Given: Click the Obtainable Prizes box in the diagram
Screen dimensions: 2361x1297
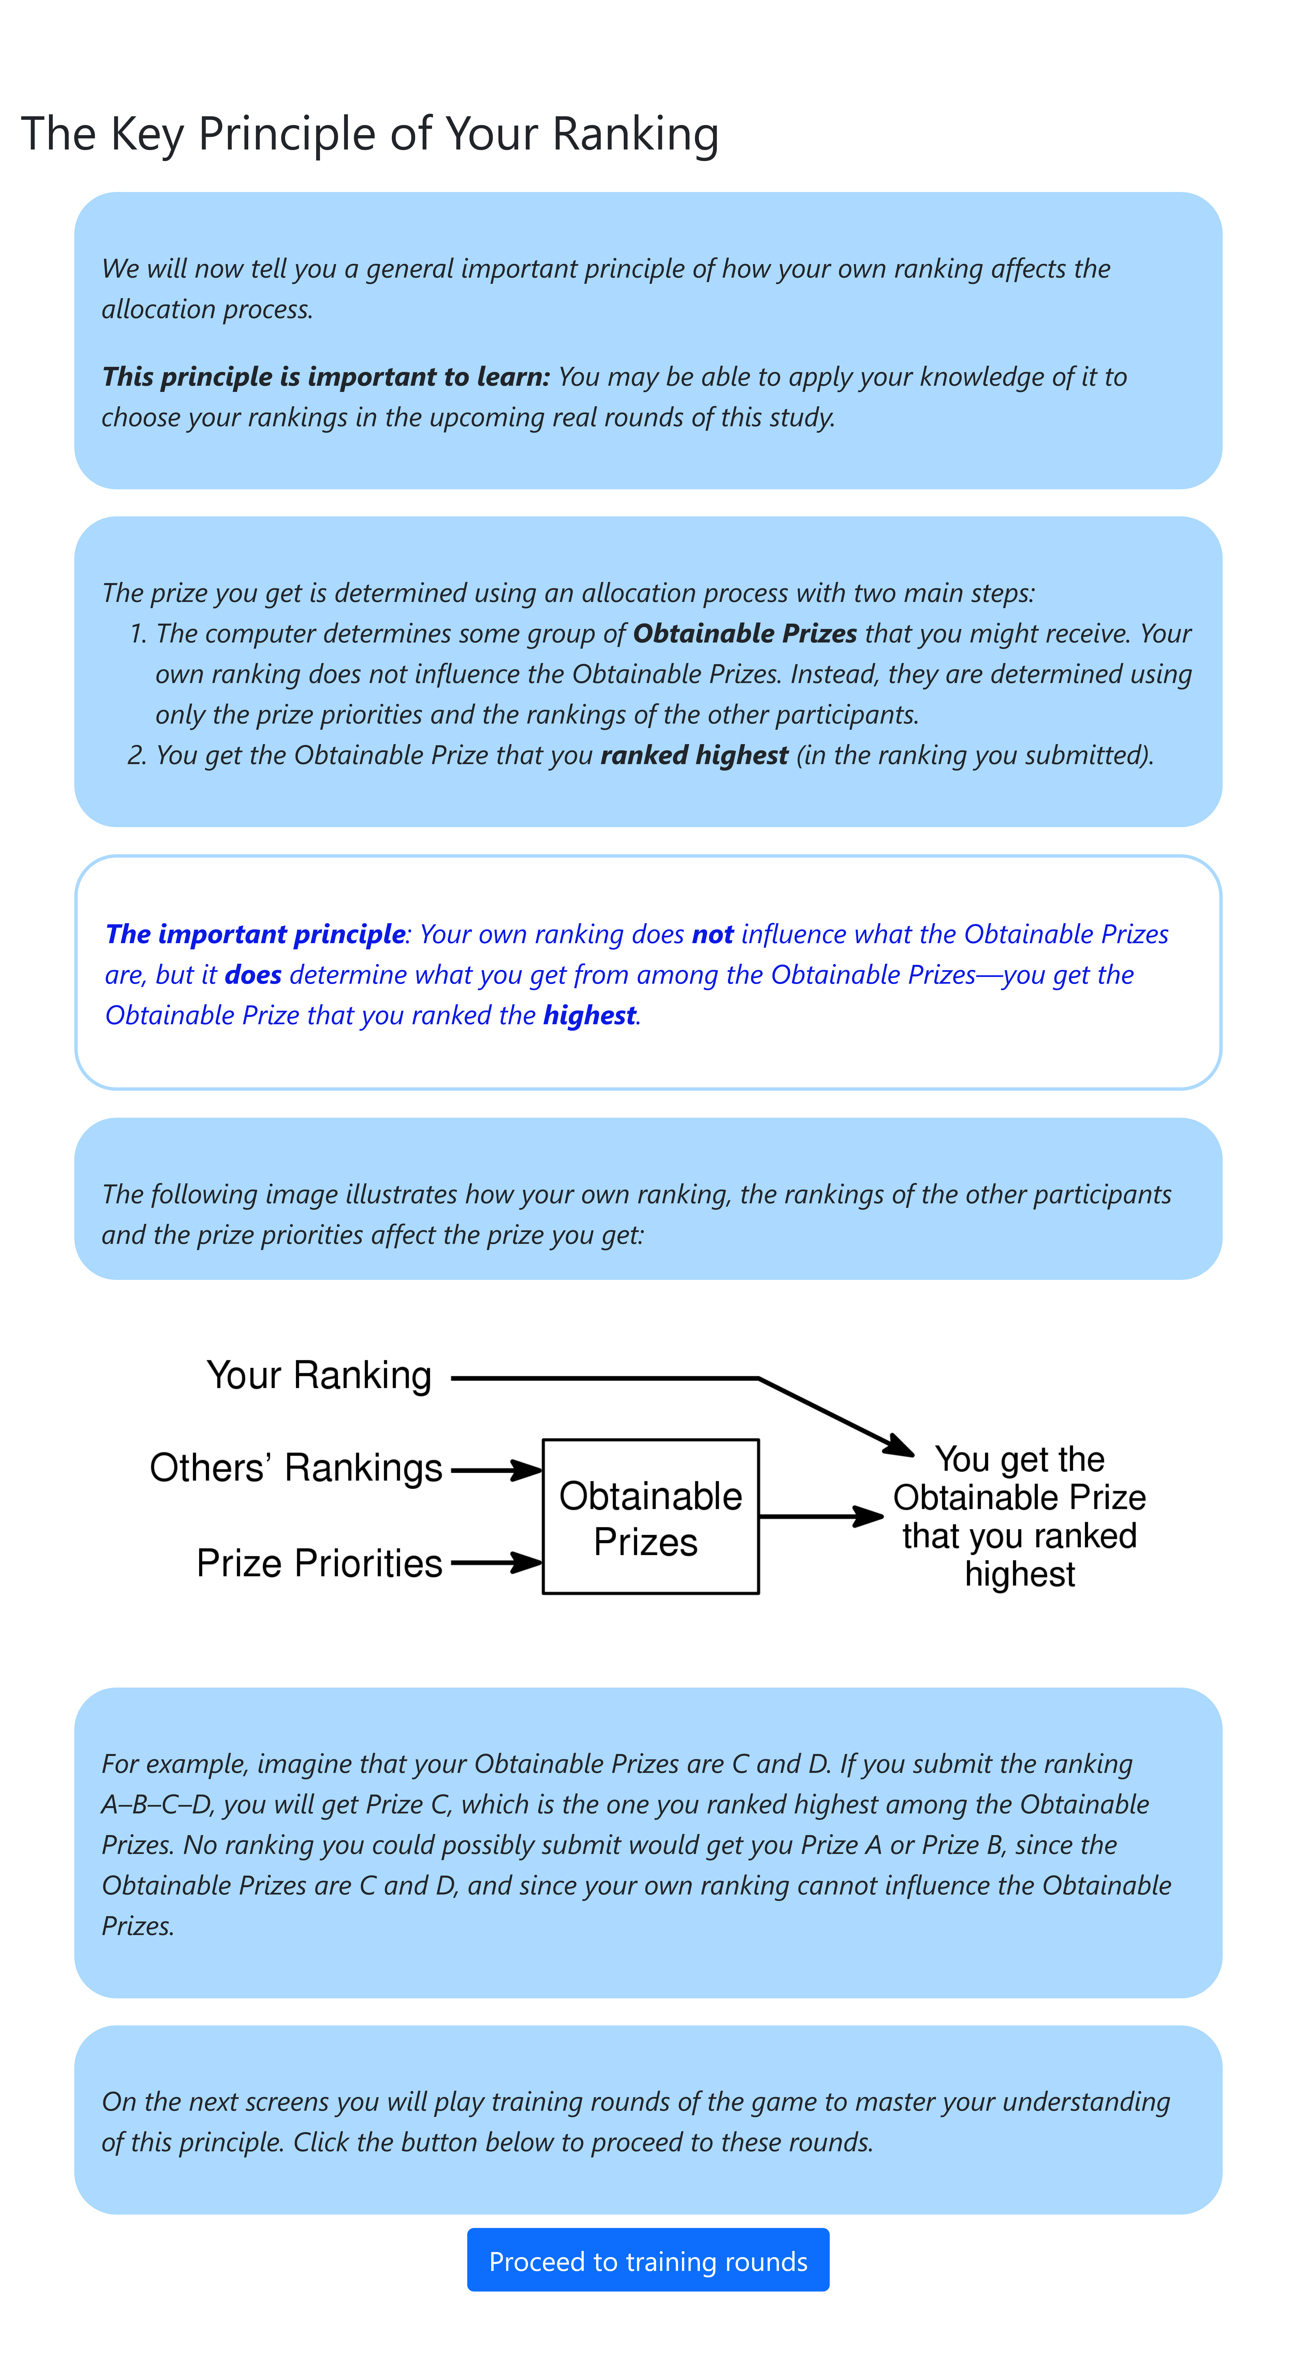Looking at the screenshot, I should click(650, 1517).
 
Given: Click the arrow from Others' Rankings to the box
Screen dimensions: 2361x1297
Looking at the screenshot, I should click(495, 1470).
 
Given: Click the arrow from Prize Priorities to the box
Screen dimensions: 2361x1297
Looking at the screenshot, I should click(495, 1563).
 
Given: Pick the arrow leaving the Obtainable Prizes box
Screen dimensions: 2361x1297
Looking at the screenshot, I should click(820, 1517).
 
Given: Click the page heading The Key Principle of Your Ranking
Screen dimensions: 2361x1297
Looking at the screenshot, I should click(369, 134).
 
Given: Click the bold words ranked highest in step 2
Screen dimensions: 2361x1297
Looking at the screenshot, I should click(694, 755).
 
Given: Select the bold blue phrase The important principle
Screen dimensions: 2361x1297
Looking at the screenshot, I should click(255, 934).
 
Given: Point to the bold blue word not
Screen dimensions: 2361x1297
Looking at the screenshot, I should click(712, 934).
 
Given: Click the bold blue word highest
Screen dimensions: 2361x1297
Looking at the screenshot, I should click(589, 1016).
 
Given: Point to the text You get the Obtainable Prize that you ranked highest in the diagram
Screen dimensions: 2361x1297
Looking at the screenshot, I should click(1019, 1517).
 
